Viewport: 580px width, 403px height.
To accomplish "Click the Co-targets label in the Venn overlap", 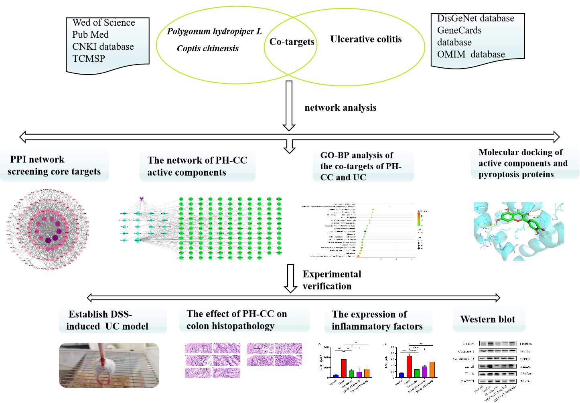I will pos(292,42).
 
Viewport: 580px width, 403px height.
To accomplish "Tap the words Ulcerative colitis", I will pos(366,39).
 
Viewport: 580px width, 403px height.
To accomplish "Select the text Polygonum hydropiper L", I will pos(214,31).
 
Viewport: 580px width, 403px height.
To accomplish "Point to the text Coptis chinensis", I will pos(207,49).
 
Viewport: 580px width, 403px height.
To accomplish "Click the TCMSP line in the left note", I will pos(89,59).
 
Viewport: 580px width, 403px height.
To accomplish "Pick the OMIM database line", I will pos(471,55).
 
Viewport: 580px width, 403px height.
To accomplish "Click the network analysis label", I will pos(340,107).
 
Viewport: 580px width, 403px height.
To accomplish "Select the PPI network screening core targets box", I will pos(54,166).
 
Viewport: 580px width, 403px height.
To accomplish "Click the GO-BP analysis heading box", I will pos(363,166).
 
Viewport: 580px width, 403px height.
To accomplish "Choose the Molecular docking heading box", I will pos(523,163).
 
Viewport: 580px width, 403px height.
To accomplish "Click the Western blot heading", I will pos(487,320).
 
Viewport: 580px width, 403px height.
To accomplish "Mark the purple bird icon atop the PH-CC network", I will pos(141,198).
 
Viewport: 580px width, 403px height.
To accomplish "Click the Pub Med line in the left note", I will pos(90,34).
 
